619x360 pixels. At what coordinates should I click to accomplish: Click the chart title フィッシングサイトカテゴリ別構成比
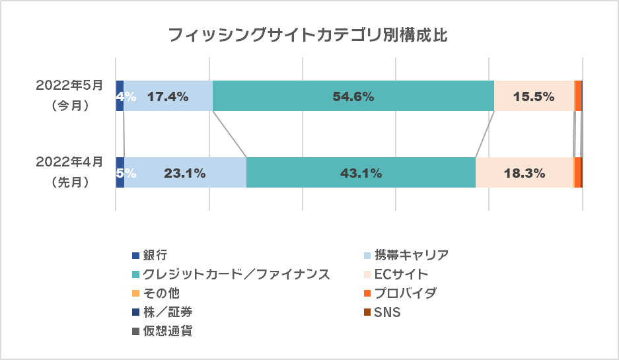309,35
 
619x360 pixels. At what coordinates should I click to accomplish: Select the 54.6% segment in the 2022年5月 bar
353,96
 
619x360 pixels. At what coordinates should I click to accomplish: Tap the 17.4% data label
168,96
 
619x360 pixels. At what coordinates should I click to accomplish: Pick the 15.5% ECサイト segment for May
534,96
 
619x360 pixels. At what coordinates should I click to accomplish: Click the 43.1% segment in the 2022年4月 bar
361,173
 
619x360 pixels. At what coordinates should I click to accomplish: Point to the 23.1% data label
185,174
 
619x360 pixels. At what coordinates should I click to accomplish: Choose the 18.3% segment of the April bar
524,173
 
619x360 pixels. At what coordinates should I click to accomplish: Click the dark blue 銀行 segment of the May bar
120,96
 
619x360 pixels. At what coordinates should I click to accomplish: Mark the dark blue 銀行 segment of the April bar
120,173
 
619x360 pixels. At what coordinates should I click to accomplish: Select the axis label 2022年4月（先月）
70,172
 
